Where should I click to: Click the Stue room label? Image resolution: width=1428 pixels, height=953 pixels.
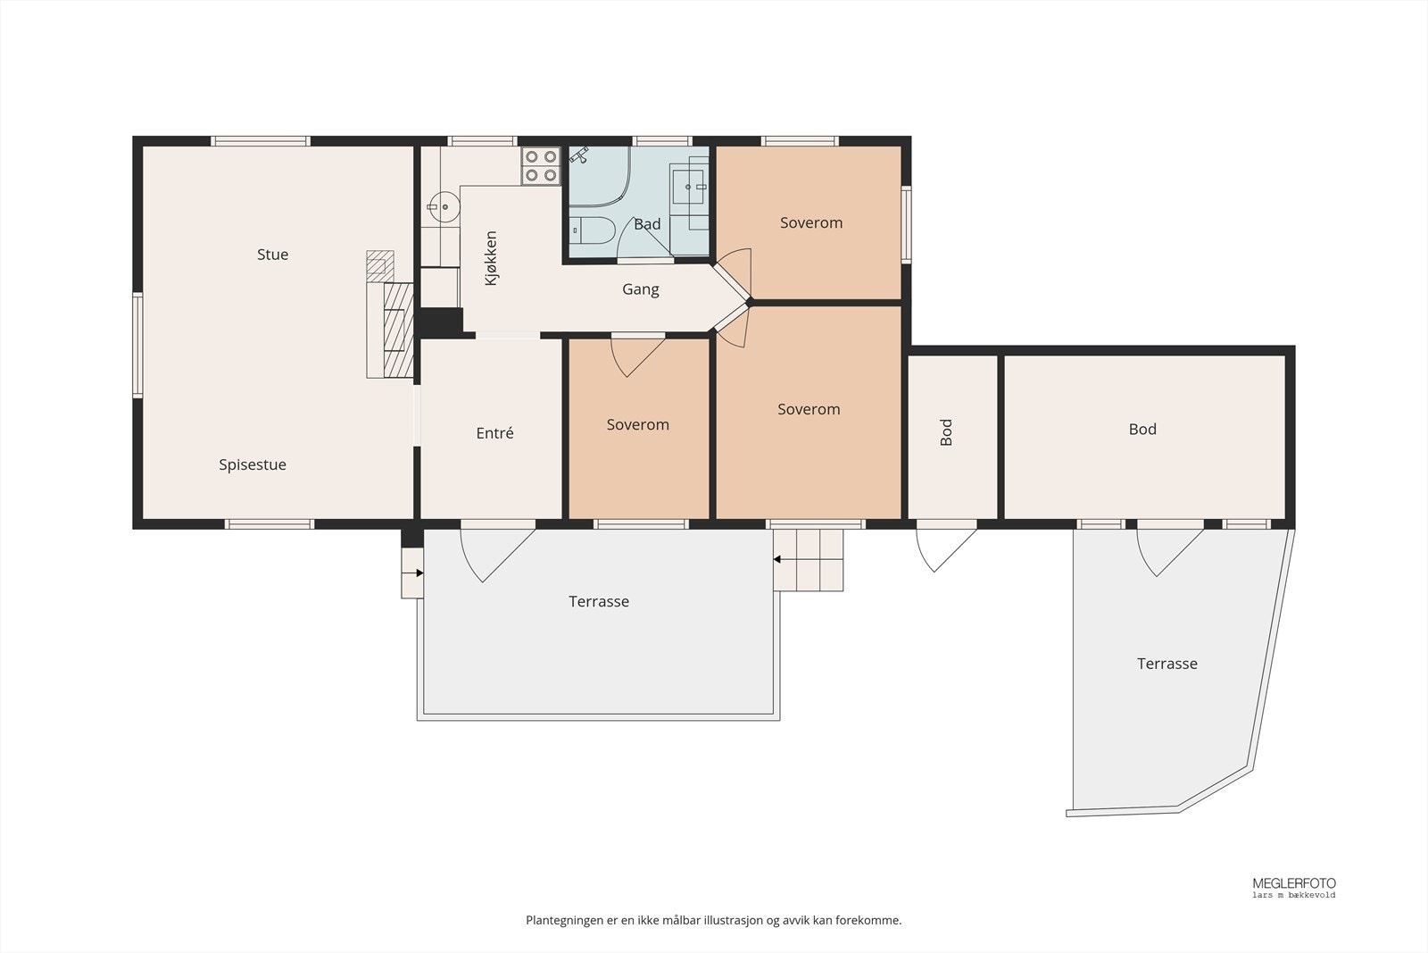[x=272, y=255]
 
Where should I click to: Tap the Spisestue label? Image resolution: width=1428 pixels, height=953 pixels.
[x=253, y=465]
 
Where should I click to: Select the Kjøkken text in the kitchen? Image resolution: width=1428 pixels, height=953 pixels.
[x=491, y=258]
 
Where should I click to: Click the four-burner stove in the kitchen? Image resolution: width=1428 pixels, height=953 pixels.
[x=541, y=166]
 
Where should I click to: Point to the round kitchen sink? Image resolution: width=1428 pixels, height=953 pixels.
[x=444, y=206]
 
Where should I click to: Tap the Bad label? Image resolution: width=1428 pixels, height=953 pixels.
[x=647, y=224]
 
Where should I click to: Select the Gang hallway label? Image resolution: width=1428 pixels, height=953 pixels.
[x=641, y=289]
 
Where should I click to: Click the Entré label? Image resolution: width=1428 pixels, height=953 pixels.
[x=494, y=433]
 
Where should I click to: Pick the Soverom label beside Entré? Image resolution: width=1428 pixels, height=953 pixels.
[x=637, y=425]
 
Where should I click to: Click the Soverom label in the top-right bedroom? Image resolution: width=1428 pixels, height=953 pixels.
[x=811, y=222]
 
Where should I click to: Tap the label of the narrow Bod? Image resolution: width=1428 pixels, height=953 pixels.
[x=946, y=432]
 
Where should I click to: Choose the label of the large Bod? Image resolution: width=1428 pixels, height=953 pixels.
[x=1142, y=430]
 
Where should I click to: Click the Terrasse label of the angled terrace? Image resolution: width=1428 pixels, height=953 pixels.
[x=1167, y=664]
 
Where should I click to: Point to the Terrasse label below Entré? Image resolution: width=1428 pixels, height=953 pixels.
[x=599, y=601]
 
